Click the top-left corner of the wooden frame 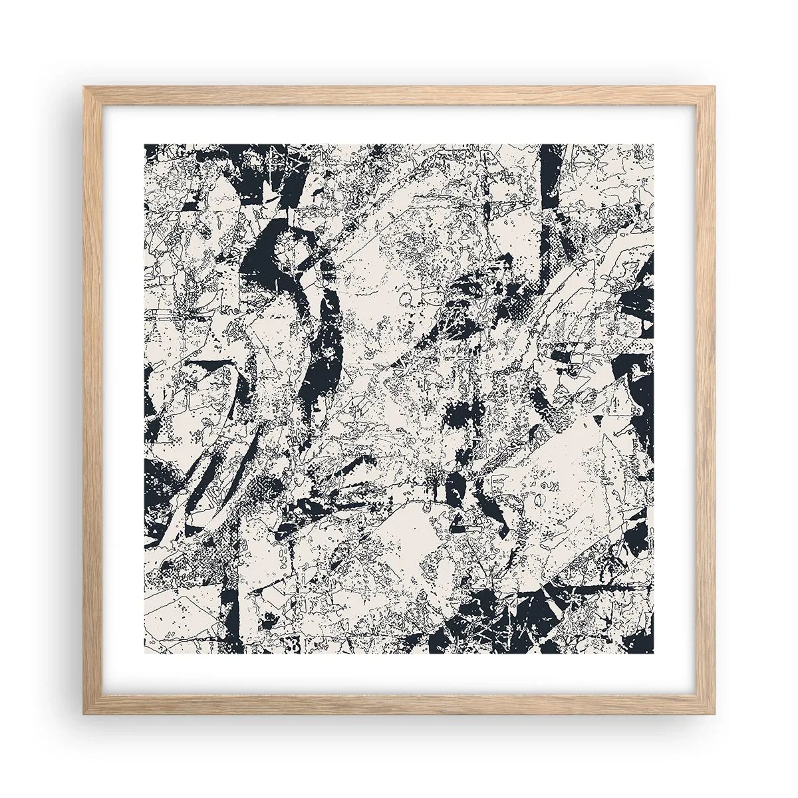tap(85, 87)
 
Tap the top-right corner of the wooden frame tap(714, 87)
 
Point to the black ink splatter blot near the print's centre tap(459, 417)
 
